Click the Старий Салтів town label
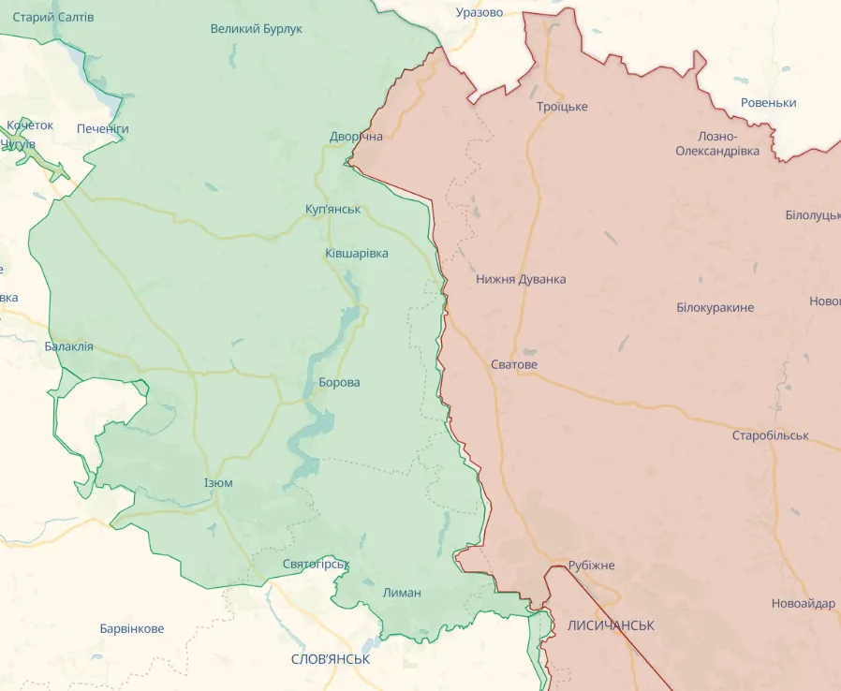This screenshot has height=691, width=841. [52, 17]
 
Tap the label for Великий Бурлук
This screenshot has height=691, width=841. [256, 29]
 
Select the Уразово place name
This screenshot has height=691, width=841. [479, 12]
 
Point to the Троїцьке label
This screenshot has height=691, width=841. [562, 106]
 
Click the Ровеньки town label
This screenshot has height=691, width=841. [768, 102]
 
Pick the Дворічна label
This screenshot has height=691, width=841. [356, 137]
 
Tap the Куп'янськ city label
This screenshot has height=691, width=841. [332, 209]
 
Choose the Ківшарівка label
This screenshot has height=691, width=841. [356, 253]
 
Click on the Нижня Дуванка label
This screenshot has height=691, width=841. [521, 279]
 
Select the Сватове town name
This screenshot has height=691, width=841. [514, 364]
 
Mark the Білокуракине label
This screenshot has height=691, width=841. [715, 307]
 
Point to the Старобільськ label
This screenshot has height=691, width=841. [770, 435]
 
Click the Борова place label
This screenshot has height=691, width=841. [339, 382]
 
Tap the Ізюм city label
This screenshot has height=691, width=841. [218, 482]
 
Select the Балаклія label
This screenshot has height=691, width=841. [68, 345]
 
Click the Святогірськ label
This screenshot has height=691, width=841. [316, 564]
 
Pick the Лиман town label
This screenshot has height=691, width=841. [402, 592]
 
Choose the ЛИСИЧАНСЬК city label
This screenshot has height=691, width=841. [611, 625]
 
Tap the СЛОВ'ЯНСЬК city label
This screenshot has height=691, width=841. [331, 658]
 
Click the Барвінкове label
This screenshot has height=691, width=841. [132, 628]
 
